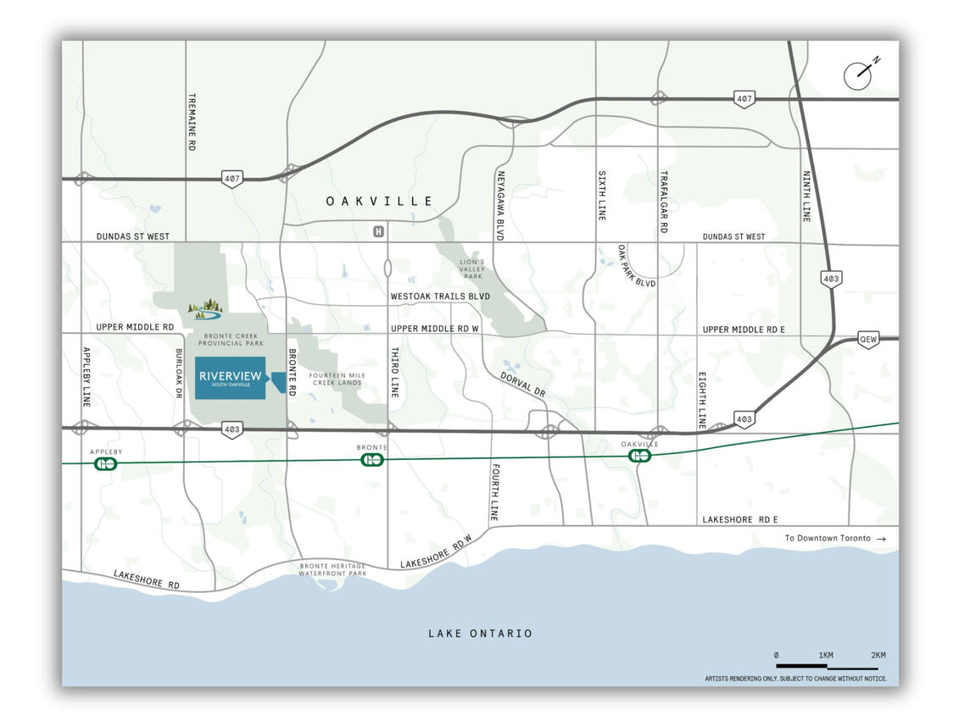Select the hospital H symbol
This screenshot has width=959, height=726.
(x=378, y=230)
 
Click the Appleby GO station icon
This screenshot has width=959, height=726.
(x=106, y=463)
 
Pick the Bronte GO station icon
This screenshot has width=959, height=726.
(x=372, y=459)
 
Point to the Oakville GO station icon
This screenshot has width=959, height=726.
(x=639, y=455)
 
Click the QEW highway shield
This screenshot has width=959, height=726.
(x=867, y=338)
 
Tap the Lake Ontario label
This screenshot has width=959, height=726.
(x=480, y=633)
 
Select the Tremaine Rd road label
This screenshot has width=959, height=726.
(x=192, y=122)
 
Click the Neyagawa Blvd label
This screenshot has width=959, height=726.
(x=499, y=202)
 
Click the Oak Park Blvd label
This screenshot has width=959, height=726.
(x=637, y=266)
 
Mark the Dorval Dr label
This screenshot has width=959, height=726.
(x=523, y=385)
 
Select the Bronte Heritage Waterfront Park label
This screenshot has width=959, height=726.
(x=332, y=569)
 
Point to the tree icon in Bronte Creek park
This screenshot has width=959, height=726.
(x=204, y=309)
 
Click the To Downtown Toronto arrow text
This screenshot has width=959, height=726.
(x=834, y=538)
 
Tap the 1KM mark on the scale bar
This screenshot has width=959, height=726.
(x=825, y=655)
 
